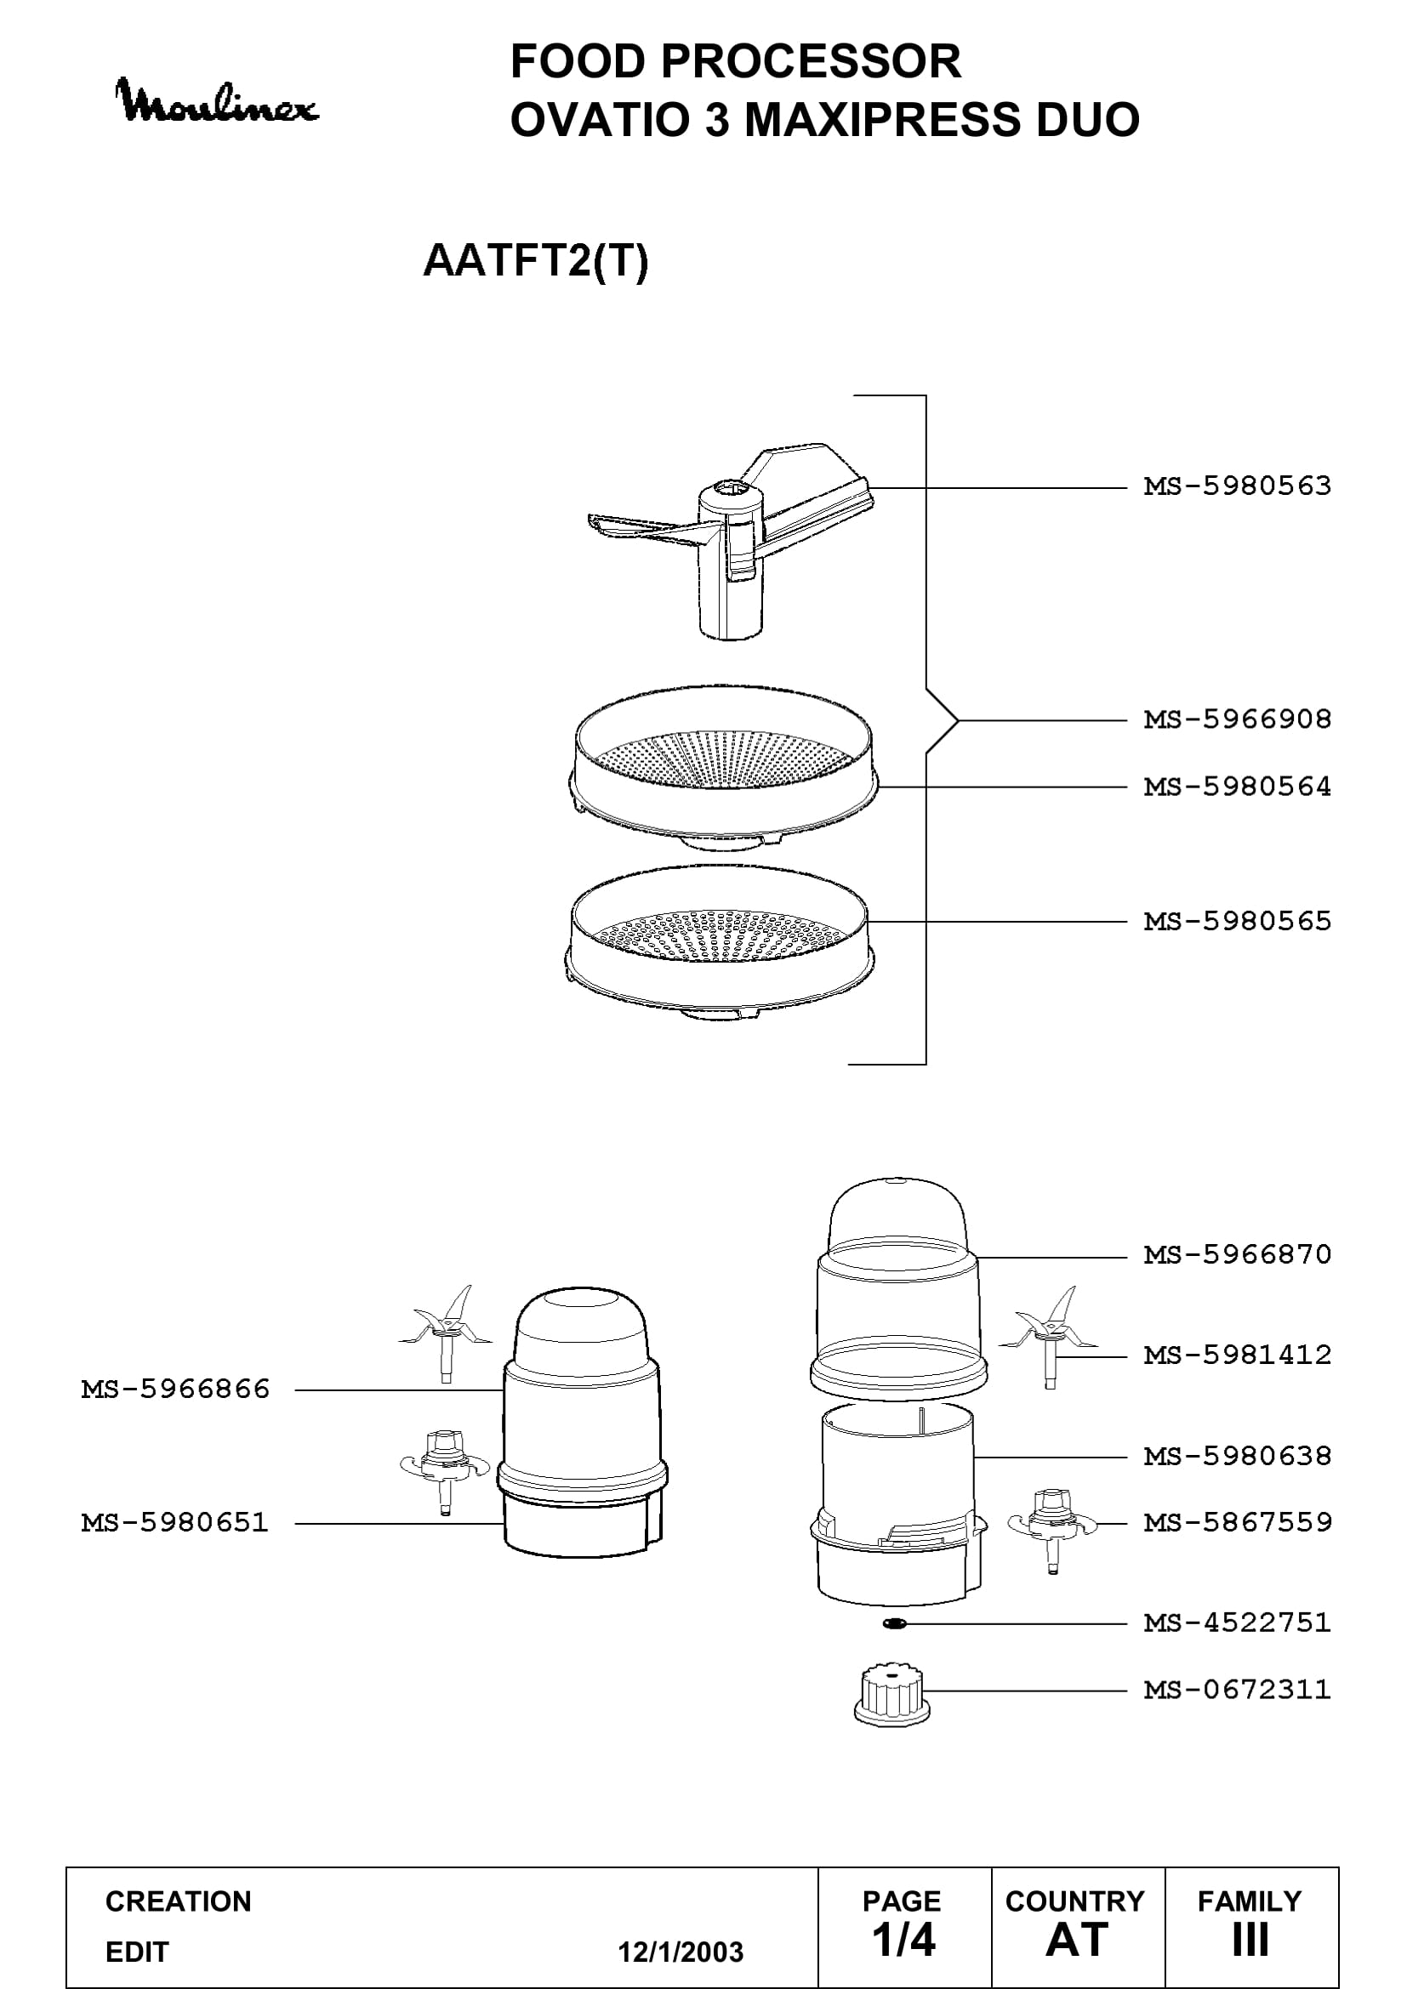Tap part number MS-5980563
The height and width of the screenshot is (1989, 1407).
coord(1237,486)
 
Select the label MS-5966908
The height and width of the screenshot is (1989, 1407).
coord(1237,719)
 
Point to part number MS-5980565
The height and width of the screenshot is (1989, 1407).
coord(1237,921)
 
